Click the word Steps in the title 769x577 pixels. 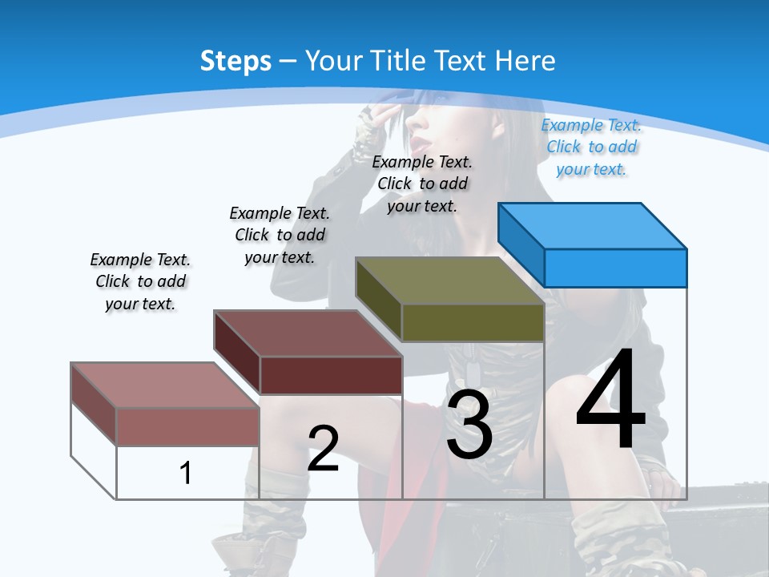236,61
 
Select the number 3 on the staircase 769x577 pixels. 469,426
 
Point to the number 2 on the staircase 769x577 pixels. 323,449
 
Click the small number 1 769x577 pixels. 186,473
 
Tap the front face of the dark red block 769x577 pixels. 331,375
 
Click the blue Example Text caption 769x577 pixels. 591,147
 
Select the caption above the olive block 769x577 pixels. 422,184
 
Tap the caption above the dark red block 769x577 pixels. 280,235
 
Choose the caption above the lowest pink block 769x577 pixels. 140,281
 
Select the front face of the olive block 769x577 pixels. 473,323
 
